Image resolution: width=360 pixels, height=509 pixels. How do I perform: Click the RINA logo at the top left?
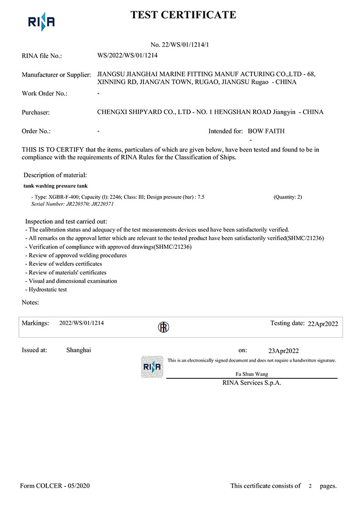click(x=41, y=22)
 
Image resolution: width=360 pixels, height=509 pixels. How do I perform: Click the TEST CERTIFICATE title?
click(x=184, y=15)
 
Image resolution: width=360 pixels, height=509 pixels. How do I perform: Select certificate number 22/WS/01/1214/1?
click(x=179, y=45)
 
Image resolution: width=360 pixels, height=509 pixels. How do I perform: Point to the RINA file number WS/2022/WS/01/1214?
click(x=127, y=54)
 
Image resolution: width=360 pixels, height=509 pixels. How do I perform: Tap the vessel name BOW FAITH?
click(x=267, y=131)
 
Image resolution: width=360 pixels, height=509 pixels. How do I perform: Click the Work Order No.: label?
click(x=44, y=94)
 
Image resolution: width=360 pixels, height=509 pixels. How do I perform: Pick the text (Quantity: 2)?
click(x=288, y=197)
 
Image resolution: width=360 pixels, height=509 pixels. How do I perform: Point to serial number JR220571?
click(x=102, y=204)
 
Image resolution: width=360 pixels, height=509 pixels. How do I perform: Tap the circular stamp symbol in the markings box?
click(x=163, y=327)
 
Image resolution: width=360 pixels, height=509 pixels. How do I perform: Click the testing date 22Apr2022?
click(x=322, y=324)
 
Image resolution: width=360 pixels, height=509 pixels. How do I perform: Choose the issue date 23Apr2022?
click(x=283, y=351)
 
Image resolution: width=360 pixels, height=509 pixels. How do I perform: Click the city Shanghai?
click(x=79, y=350)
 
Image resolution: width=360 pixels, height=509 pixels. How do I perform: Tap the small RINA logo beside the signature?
click(x=152, y=367)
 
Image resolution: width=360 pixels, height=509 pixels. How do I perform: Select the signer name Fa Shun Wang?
click(x=251, y=374)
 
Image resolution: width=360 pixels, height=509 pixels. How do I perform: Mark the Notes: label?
click(x=30, y=302)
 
